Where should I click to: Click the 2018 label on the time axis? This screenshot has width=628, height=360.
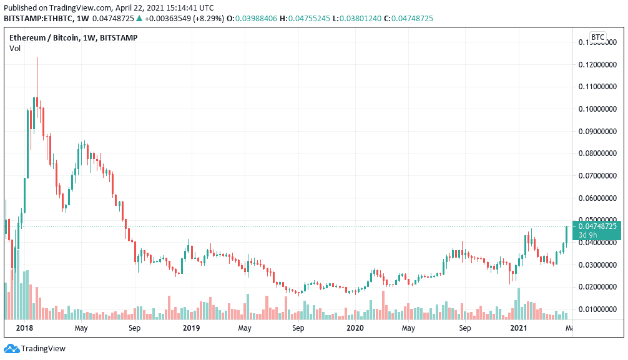(25, 328)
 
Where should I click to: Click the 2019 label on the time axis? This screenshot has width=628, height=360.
(192, 328)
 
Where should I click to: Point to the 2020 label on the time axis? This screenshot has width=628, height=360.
(355, 328)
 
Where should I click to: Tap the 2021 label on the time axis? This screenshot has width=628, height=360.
(519, 328)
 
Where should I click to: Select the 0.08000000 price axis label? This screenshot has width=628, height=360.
(599, 153)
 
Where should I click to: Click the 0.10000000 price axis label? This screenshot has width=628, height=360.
(599, 109)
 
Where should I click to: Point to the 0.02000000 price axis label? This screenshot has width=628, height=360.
(599, 287)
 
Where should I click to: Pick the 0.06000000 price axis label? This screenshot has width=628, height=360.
(599, 198)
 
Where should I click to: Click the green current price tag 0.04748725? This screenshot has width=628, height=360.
(597, 226)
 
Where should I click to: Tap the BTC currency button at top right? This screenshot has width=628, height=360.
(597, 37)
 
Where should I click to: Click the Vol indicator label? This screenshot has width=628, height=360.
(14, 49)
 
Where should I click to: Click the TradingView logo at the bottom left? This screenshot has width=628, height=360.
(35, 349)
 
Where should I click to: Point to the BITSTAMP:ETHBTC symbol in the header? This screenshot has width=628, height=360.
(39, 19)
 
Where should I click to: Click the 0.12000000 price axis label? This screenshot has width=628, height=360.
(599, 64)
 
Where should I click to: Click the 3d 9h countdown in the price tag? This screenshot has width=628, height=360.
(589, 235)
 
